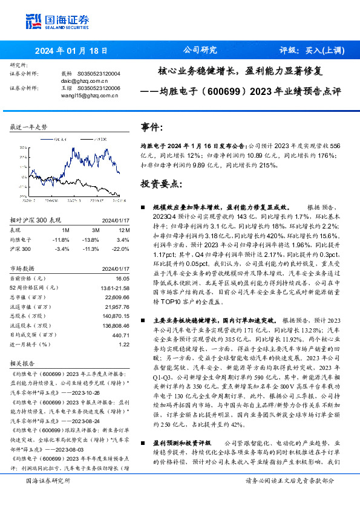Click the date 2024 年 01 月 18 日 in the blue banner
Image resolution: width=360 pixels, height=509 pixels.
pyautogui.click(x=71, y=50)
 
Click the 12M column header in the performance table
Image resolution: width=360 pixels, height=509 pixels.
pyautogui.click(x=123, y=230)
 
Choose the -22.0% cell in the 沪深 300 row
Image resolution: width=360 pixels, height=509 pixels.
pyautogui.click(x=121, y=248)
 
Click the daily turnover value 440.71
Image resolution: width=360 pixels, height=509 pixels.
pyautogui.click(x=120, y=334)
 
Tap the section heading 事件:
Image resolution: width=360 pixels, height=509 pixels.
pyautogui.click(x=152, y=128)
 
